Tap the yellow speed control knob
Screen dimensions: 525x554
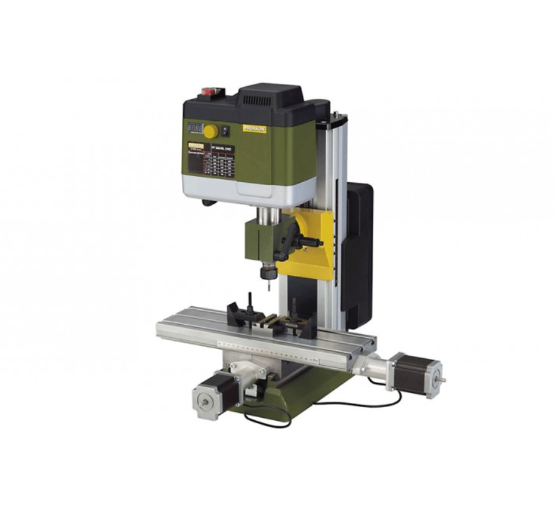(211, 131)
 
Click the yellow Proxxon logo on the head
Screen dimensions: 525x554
(254, 128)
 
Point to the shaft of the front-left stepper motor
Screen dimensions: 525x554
(201, 403)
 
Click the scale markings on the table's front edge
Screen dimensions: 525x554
(272, 351)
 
